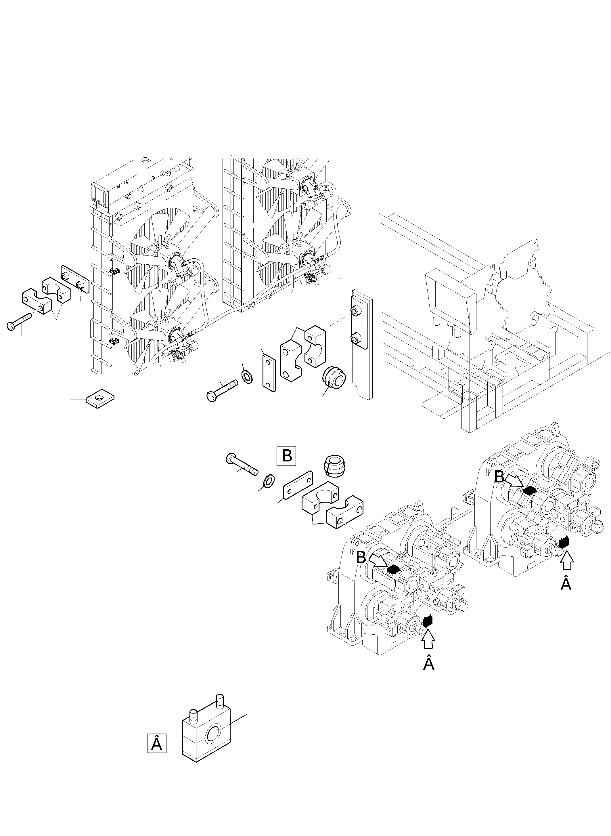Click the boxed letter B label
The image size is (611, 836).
[287, 456]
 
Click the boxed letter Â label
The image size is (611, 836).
[156, 743]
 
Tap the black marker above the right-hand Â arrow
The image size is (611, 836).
[564, 543]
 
